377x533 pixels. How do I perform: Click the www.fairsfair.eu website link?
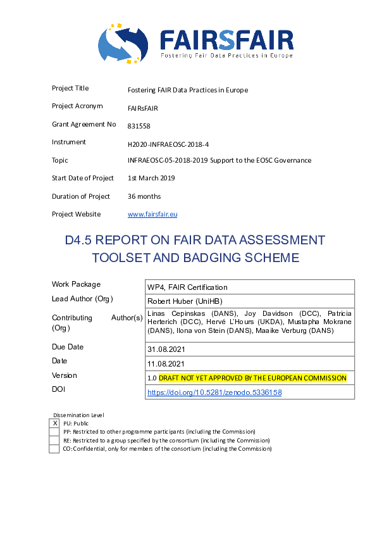[x=152, y=215]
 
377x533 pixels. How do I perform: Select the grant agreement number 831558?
[x=139, y=126]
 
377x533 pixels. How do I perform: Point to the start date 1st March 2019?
[x=151, y=179]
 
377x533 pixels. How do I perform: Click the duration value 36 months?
[x=144, y=196]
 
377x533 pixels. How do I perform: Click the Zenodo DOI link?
[x=214, y=392]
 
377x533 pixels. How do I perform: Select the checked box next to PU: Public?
[x=54, y=423]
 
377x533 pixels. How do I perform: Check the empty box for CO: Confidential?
[x=54, y=449]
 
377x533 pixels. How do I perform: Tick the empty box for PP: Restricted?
[x=54, y=432]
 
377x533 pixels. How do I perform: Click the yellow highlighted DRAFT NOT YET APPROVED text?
[x=252, y=378]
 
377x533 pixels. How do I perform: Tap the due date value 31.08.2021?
[x=166, y=349]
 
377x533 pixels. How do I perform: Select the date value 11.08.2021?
[x=166, y=363]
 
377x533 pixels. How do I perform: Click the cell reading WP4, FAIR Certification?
[x=187, y=287]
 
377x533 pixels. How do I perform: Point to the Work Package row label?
[x=76, y=284]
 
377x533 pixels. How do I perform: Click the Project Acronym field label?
[x=77, y=106]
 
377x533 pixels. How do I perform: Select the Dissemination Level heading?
[x=78, y=415]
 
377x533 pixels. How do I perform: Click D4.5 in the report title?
[x=80, y=241]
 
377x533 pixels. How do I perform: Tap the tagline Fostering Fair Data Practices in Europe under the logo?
[x=226, y=56]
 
